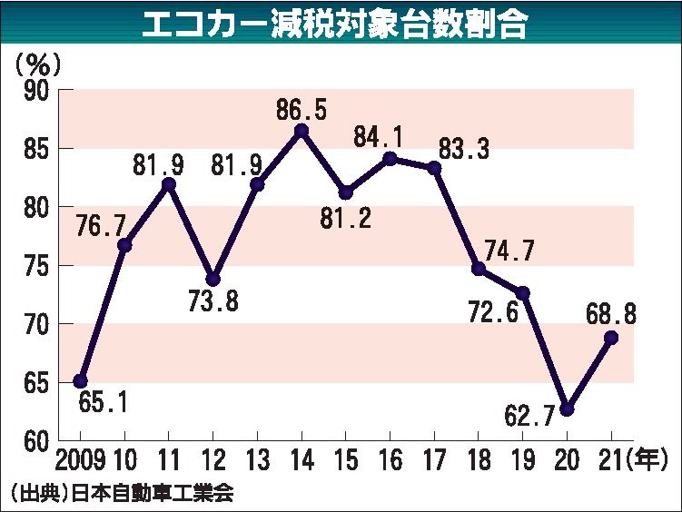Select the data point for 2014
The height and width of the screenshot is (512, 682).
301,130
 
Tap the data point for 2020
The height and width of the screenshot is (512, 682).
567,409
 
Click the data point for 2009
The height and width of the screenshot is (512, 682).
80,381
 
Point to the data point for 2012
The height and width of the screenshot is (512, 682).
213,279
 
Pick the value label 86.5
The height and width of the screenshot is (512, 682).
301,110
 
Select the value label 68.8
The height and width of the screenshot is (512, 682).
609,314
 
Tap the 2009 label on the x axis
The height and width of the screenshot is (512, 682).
81,458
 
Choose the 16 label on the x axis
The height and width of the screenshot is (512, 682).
390,458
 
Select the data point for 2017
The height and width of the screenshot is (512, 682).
434,168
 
